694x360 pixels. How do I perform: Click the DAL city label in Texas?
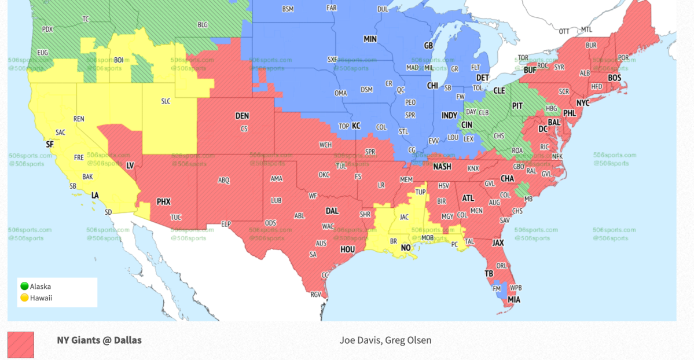(332, 211)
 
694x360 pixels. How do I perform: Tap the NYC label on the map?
(583, 103)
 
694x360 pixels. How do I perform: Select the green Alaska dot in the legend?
(24, 286)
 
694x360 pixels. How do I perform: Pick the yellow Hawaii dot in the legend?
(24, 298)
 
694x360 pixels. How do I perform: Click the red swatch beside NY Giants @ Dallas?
(21, 345)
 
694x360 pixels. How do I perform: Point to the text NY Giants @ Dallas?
(99, 340)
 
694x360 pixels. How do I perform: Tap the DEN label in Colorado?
(242, 116)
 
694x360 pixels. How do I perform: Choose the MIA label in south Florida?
(513, 300)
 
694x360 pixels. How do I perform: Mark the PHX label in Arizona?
(164, 202)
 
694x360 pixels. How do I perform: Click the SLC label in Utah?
(166, 101)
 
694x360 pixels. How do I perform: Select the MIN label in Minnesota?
(370, 39)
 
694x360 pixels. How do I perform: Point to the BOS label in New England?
(614, 78)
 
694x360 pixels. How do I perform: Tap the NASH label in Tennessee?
(442, 167)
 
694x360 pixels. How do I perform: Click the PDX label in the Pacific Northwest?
(47, 30)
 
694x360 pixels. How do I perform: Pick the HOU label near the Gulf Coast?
(347, 249)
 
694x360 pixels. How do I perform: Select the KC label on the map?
(356, 126)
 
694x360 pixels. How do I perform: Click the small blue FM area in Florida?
(497, 288)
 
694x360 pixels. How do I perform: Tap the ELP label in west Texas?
(226, 224)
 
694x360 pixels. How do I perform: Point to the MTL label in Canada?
(586, 30)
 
